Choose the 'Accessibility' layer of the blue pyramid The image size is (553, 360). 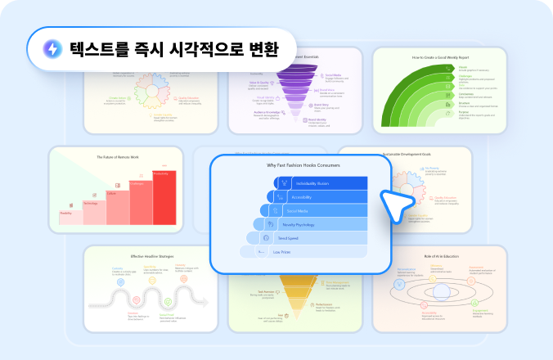point(315,196)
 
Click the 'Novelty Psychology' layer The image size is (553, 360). point(306,223)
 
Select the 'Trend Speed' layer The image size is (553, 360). point(303,237)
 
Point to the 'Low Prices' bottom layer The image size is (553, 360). point(299,251)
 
